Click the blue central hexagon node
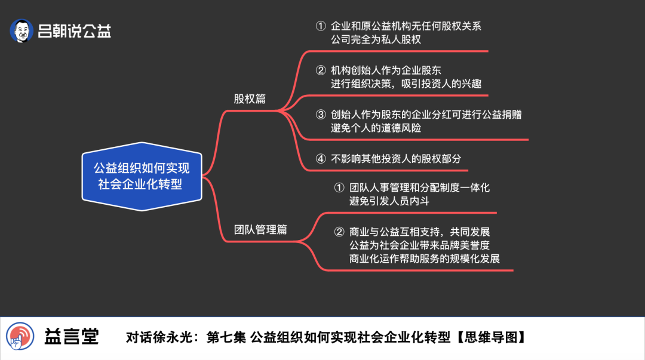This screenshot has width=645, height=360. click(142, 177)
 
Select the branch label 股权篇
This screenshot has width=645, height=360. click(250, 99)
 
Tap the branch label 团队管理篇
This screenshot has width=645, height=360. click(260, 230)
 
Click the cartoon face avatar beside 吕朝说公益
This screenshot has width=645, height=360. click(21, 30)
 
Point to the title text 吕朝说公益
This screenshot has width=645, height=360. click(75, 31)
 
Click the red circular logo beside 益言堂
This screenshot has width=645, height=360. click(20, 336)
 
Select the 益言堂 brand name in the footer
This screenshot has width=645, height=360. click(72, 337)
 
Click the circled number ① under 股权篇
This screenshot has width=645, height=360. click(321, 26)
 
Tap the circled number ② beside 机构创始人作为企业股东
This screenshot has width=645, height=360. click(321, 70)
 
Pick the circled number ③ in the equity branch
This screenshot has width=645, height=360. click(321, 115)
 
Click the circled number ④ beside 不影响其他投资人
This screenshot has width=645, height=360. click(321, 158)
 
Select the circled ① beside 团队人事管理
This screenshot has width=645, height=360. click(339, 187)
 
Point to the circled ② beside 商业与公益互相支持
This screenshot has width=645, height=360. click(339, 232)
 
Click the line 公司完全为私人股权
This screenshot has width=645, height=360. click(376, 39)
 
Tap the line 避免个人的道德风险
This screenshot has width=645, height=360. click(376, 128)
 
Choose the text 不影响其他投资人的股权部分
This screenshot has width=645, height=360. click(396, 158)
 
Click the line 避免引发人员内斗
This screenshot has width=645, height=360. click(389, 201)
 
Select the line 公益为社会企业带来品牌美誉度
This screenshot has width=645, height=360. click(420, 245)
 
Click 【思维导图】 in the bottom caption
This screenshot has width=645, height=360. click(491, 337)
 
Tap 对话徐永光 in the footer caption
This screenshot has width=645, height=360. click(159, 337)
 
